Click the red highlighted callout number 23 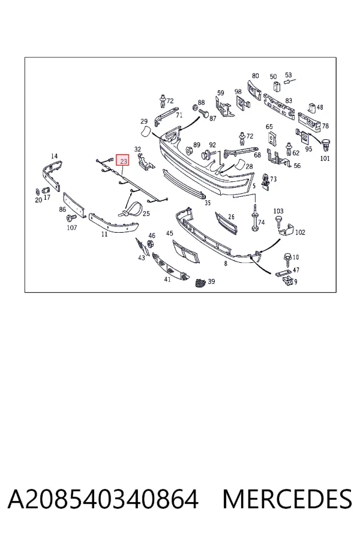(x=124, y=160)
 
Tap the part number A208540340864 (x=103, y=499)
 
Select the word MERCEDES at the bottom (x=287, y=499)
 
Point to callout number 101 (x=325, y=158)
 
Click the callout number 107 (x=71, y=227)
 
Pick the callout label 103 (x=278, y=211)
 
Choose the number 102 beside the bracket (x=300, y=232)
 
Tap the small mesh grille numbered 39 (x=200, y=283)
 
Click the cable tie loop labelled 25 (x=131, y=209)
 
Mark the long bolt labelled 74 (x=255, y=217)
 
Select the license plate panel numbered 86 (x=74, y=205)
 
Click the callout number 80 (x=255, y=76)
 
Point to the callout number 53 (x=289, y=75)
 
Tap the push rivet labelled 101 (x=326, y=145)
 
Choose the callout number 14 (x=54, y=156)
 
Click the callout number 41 (x=167, y=279)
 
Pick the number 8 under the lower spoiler (x=226, y=264)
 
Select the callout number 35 (x=208, y=203)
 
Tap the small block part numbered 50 (x=277, y=86)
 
